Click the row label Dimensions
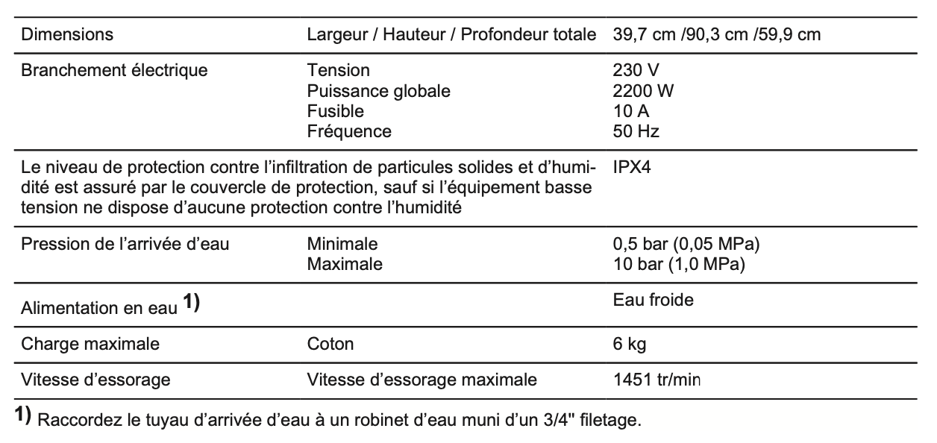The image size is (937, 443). tap(67, 34)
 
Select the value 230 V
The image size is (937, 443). tap(636, 71)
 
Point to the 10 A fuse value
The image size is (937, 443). tap(631, 111)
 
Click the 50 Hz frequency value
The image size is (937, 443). tap(636, 131)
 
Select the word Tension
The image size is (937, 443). tap(338, 71)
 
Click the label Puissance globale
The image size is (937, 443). tap(378, 91)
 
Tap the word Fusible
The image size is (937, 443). tap(335, 111)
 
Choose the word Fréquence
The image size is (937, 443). tap(348, 131)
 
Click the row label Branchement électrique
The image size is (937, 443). tap(114, 71)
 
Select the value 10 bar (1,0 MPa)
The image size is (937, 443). tap(679, 264)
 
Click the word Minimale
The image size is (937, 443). tap(342, 244)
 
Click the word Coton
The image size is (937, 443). tap(330, 345)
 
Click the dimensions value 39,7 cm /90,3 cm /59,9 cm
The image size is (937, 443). tap(717, 34)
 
